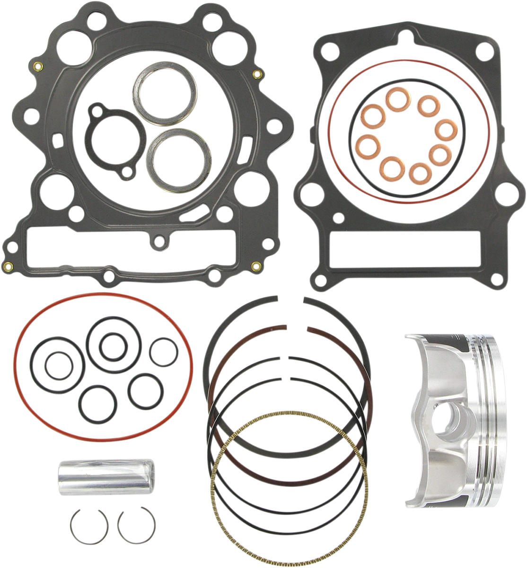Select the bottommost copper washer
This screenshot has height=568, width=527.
[418, 173]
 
